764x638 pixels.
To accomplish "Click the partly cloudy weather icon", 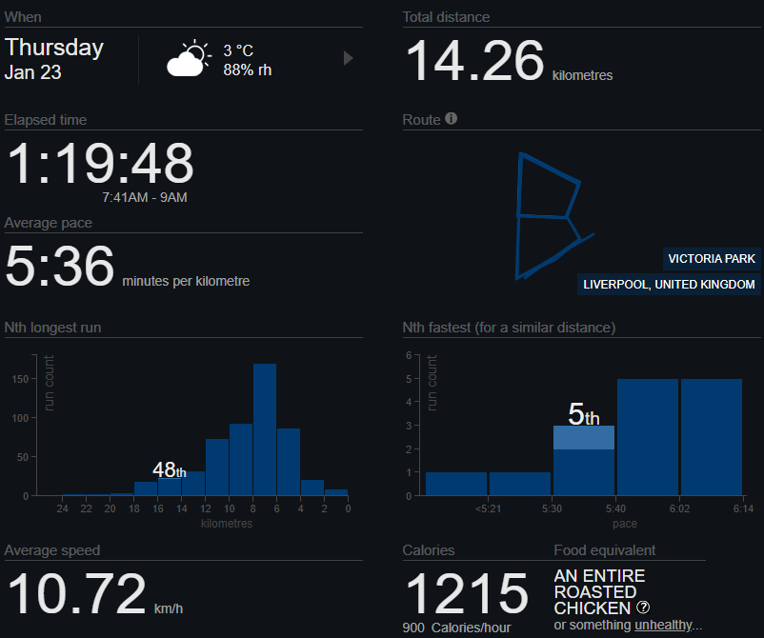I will point(187,58).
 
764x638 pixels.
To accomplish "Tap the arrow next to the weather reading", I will point(348,58).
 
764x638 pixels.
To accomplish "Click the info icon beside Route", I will point(452,119).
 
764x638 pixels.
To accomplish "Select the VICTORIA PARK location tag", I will point(712,258).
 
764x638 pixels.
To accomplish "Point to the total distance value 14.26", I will point(475,61).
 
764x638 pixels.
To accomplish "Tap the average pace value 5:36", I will point(60,266).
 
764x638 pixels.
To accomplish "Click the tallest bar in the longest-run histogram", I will point(265,429).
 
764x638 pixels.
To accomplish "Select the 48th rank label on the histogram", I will point(170,469).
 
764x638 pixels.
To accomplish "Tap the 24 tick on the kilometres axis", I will point(62,509).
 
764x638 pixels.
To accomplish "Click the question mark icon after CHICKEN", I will point(643,608).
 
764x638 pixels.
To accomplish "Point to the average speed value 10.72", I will point(76,594).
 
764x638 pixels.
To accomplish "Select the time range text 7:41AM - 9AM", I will point(145,197).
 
